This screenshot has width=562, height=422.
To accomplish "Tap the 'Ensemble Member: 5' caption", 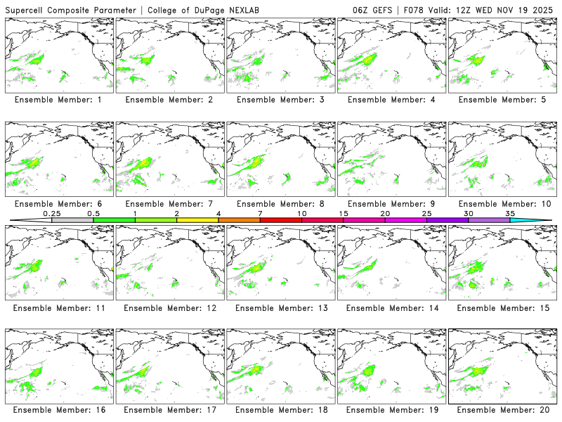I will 502,100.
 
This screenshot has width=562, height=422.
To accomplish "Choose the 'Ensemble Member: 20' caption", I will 502,409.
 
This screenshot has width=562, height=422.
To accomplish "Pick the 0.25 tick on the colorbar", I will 52,220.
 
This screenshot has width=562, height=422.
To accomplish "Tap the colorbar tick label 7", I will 260,213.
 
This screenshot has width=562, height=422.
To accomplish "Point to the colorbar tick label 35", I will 510,213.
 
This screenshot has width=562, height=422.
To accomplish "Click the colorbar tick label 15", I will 344,213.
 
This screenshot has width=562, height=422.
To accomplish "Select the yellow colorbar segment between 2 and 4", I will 197,220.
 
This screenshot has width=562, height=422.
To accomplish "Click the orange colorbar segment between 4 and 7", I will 239,220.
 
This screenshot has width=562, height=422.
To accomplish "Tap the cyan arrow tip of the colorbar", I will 544,220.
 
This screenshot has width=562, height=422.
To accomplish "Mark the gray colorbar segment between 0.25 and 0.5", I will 72,220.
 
